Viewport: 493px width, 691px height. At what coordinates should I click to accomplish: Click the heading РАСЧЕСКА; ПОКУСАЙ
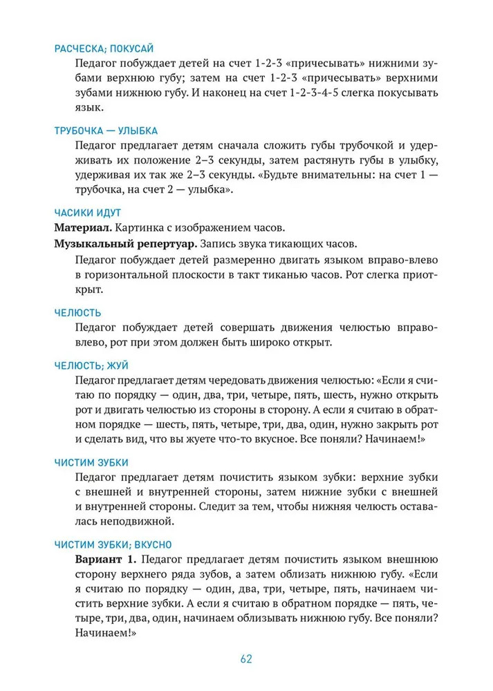click(103, 48)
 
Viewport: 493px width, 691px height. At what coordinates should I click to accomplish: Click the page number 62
click(246, 658)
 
